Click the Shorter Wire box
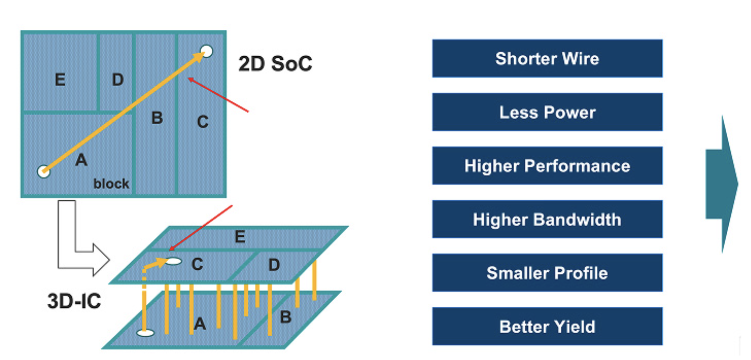click(x=547, y=58)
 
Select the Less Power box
click(x=547, y=112)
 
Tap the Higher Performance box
click(x=547, y=166)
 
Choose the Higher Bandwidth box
click(x=547, y=219)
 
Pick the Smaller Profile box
click(x=547, y=273)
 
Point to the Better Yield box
click(x=547, y=326)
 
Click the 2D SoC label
click(x=275, y=64)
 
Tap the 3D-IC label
click(x=74, y=301)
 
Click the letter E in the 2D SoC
click(x=60, y=80)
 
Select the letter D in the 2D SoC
click(x=118, y=80)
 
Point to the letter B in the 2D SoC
click(x=157, y=118)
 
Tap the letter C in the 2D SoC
click(x=203, y=122)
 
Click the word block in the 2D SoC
click(x=111, y=184)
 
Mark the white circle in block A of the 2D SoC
click(x=44, y=171)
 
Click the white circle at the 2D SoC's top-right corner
click(x=206, y=51)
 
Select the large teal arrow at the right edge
click(x=721, y=184)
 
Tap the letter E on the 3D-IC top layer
click(x=240, y=237)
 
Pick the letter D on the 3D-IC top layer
click(x=274, y=265)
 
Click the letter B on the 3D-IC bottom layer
click(x=286, y=317)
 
